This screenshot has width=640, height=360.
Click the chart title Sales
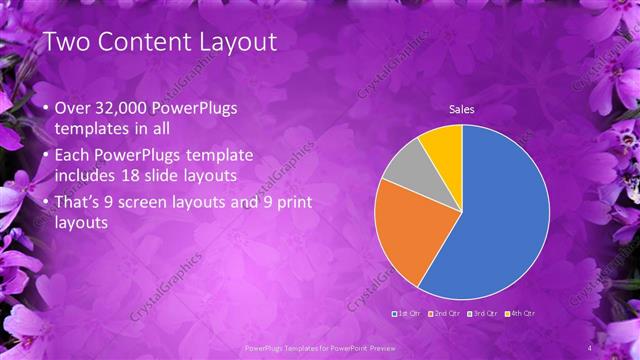[x=461, y=109]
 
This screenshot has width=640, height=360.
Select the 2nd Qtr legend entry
[x=443, y=314]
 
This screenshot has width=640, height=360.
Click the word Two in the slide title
[x=70, y=41]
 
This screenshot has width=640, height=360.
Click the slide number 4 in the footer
[x=591, y=347]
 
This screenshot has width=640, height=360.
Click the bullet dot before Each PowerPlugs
[x=38, y=156]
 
